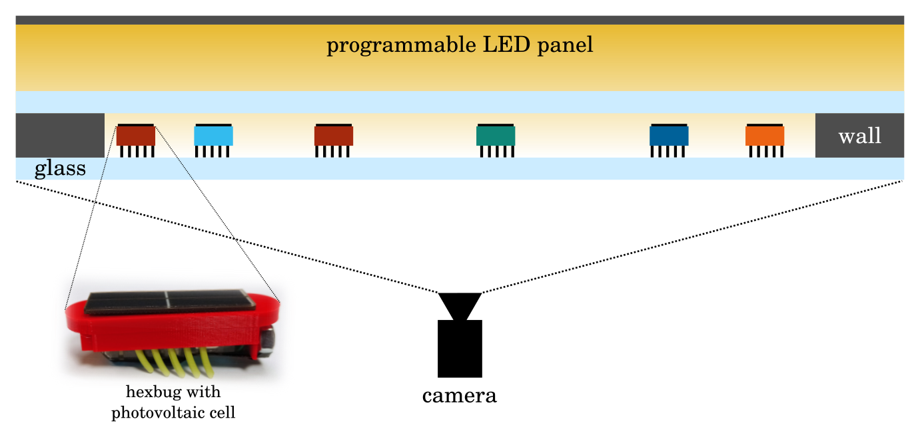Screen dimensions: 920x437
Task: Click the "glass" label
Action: point(60,168)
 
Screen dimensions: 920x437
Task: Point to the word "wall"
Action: point(859,136)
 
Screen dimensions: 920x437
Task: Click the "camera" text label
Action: point(459,396)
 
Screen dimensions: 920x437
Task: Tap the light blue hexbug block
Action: point(214,136)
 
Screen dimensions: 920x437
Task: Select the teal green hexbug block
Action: point(496,136)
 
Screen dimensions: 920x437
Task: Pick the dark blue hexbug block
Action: point(669,136)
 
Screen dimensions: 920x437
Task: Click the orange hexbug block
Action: point(765,136)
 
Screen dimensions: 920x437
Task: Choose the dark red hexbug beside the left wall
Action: point(136,136)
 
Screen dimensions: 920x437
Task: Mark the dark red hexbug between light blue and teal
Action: point(334,136)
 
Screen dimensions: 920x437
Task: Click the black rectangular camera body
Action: point(460,349)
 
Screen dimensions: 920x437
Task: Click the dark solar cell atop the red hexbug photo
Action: point(170,302)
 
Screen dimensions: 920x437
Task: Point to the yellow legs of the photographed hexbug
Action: point(175,363)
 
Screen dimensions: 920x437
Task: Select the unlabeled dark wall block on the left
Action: point(60,135)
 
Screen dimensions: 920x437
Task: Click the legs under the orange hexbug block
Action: point(766,151)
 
